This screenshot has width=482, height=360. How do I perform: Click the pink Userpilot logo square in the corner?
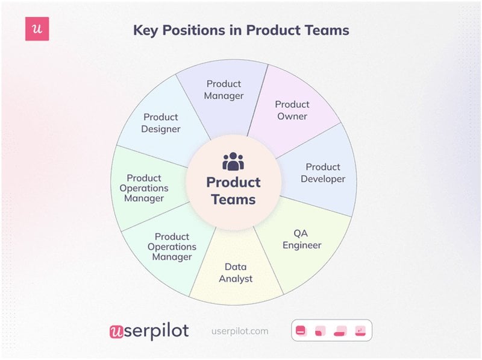pyautogui.click(x=37, y=29)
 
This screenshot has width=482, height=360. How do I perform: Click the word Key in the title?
pyautogui.click(x=149, y=30)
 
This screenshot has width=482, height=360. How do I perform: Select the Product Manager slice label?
pyautogui.click(x=224, y=89)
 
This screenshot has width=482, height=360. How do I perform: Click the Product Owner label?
pyautogui.click(x=292, y=110)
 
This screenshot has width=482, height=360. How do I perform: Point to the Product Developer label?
pyautogui.click(x=323, y=172)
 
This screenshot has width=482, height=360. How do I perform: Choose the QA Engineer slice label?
pyautogui.click(x=302, y=239)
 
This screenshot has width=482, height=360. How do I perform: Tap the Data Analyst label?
pyautogui.click(x=236, y=272)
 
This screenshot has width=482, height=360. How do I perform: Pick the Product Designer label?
pyautogui.click(x=161, y=122)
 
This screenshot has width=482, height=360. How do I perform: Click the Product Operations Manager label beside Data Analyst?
pyautogui.click(x=172, y=247)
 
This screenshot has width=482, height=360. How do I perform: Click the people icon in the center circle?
pyautogui.click(x=233, y=162)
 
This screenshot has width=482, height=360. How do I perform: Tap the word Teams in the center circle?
pyautogui.click(x=233, y=199)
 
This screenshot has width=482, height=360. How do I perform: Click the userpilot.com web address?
pyautogui.click(x=240, y=331)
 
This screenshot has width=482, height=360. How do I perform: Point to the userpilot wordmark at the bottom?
pyautogui.click(x=149, y=330)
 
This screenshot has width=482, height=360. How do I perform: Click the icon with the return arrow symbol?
pyautogui.click(x=360, y=330)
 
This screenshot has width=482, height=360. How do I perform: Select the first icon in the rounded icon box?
pyautogui.click(x=301, y=330)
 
